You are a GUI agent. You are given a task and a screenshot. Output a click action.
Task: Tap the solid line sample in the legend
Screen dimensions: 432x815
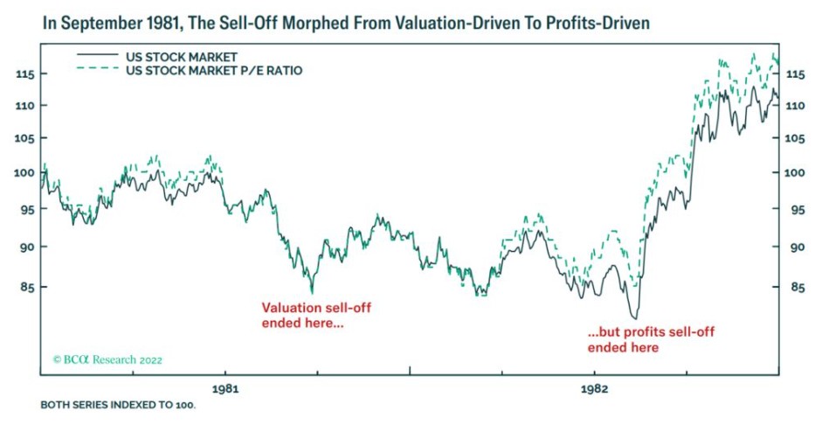[96, 55]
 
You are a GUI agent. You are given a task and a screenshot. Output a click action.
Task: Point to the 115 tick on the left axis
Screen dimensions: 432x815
[25, 75]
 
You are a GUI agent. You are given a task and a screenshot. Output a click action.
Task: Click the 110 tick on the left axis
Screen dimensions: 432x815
[25, 106]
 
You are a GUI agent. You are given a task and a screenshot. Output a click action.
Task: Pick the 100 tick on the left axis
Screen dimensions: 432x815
[25, 172]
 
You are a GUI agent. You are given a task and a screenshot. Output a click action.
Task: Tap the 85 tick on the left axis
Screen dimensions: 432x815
[25, 286]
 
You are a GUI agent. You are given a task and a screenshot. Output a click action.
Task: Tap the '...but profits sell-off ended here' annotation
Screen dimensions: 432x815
[646, 340]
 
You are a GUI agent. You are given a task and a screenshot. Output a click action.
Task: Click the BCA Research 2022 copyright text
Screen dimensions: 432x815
[107, 359]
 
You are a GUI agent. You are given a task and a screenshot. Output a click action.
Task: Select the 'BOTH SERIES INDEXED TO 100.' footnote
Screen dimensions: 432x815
[118, 407]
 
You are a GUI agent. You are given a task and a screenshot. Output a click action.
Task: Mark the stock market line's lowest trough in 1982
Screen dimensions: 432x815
[634, 317]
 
